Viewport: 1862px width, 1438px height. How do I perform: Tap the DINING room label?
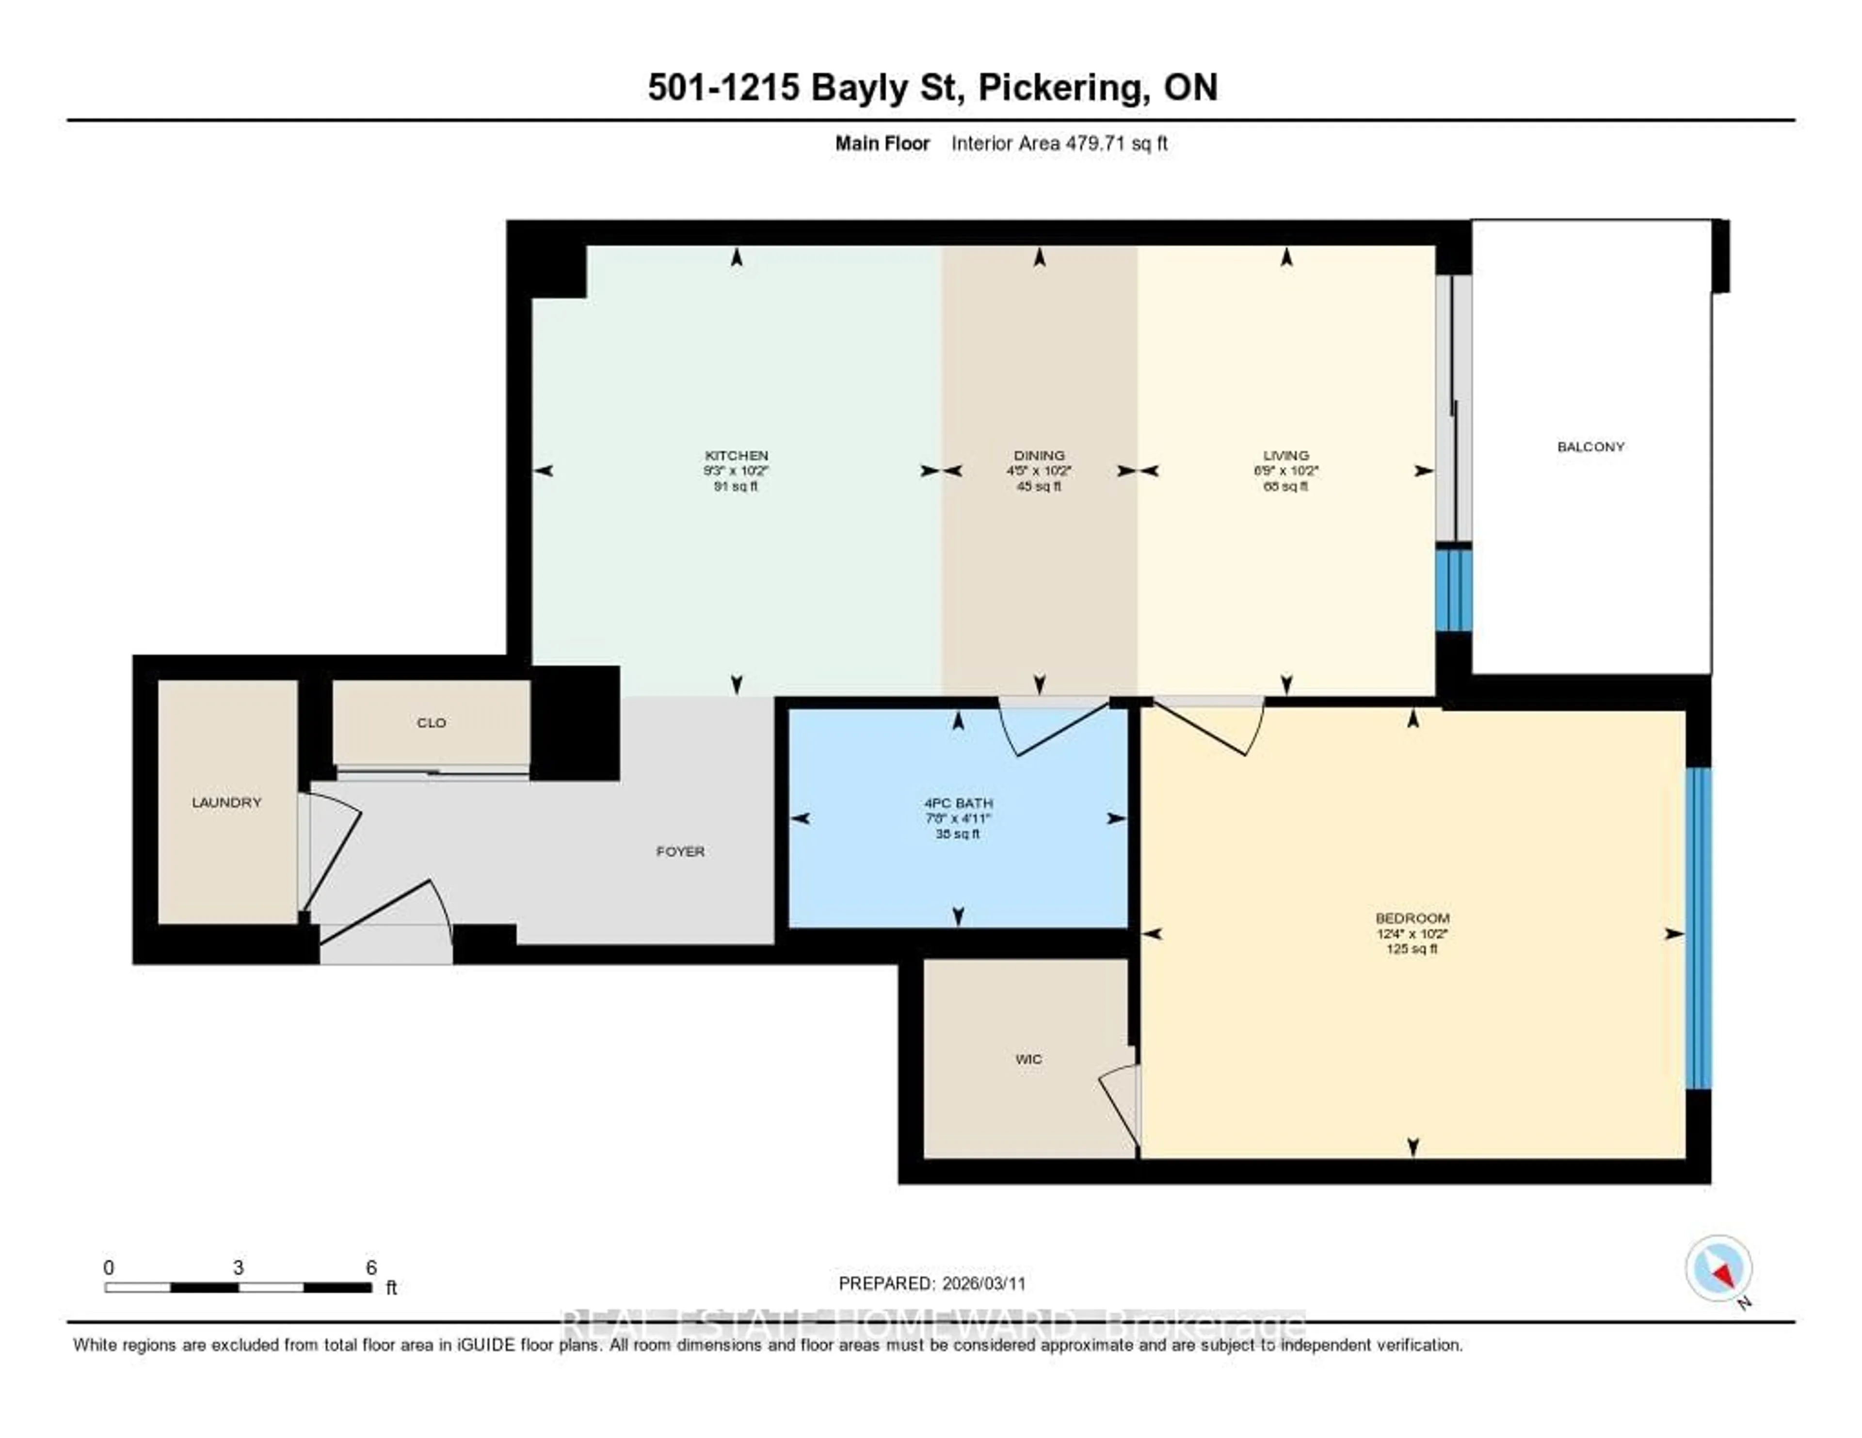pyautogui.click(x=1039, y=455)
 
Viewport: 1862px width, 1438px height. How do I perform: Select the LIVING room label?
pyautogui.click(x=1285, y=455)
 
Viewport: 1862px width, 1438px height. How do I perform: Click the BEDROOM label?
pyautogui.click(x=1412, y=918)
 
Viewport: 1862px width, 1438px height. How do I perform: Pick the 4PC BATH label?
pyautogui.click(x=958, y=803)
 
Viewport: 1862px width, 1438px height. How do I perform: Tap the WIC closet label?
pyautogui.click(x=1028, y=1059)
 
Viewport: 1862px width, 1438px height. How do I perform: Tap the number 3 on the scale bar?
pyautogui.click(x=238, y=1267)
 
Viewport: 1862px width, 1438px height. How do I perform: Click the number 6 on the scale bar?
pyautogui.click(x=371, y=1267)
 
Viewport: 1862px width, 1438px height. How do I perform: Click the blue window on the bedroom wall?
pyautogui.click(x=1698, y=928)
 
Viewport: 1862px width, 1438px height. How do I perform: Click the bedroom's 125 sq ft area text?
pyautogui.click(x=1412, y=949)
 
